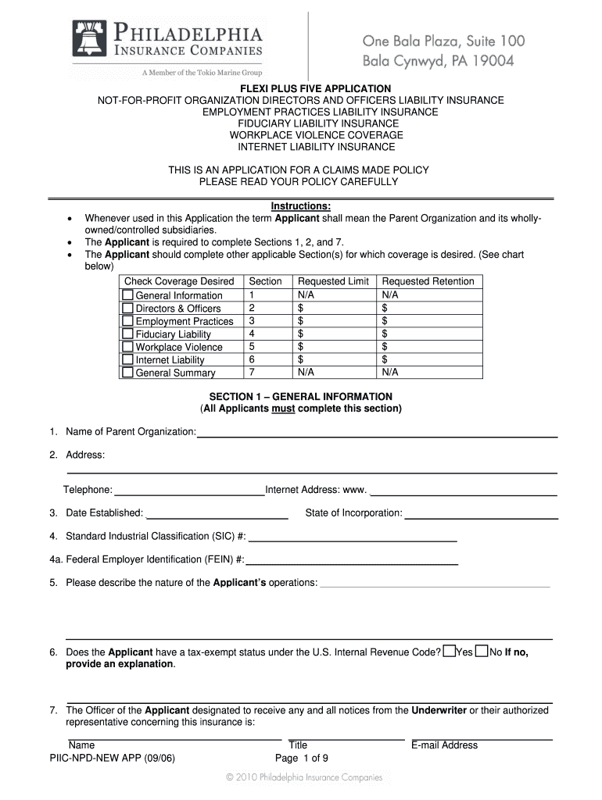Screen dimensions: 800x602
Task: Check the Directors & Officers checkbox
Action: tap(127, 309)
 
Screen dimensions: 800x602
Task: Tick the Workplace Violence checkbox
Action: tap(127, 347)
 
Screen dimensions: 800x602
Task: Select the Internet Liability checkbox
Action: tap(127, 360)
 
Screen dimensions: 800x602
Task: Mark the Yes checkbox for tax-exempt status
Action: tap(449, 652)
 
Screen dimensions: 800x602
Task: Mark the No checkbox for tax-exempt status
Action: tap(482, 652)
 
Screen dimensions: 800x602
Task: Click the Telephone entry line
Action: tap(189, 492)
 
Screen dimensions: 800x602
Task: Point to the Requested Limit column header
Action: tap(333, 281)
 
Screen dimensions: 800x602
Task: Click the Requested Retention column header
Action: tap(428, 281)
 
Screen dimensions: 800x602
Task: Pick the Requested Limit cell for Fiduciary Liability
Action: tap(333, 334)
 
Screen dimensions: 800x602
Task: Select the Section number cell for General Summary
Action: tap(266, 373)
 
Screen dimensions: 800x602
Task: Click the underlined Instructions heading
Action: tap(301, 206)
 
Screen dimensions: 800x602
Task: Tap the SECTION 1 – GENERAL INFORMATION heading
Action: tap(301, 397)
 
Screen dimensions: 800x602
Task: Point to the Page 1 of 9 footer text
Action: tap(301, 758)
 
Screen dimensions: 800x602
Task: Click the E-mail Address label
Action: tap(444, 745)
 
